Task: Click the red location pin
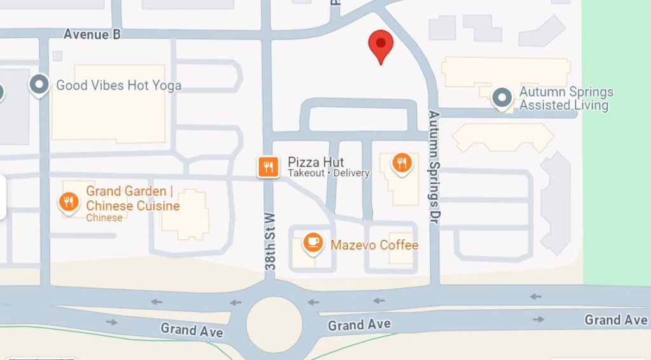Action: click(x=381, y=44)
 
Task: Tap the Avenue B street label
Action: click(x=92, y=34)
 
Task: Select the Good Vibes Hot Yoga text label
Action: click(x=118, y=85)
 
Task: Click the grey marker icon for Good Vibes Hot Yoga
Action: click(x=39, y=85)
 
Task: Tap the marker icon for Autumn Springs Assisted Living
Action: click(x=503, y=98)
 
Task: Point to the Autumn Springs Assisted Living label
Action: click(x=566, y=99)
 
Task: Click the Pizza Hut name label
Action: click(x=315, y=162)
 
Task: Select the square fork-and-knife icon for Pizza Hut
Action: click(x=268, y=167)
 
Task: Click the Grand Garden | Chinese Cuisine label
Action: click(x=132, y=198)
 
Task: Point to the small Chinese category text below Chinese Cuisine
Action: click(x=104, y=218)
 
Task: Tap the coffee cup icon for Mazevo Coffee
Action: click(x=312, y=242)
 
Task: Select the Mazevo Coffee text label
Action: click(x=374, y=245)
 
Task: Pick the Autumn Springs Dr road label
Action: click(x=434, y=167)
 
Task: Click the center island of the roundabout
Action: click(x=274, y=324)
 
